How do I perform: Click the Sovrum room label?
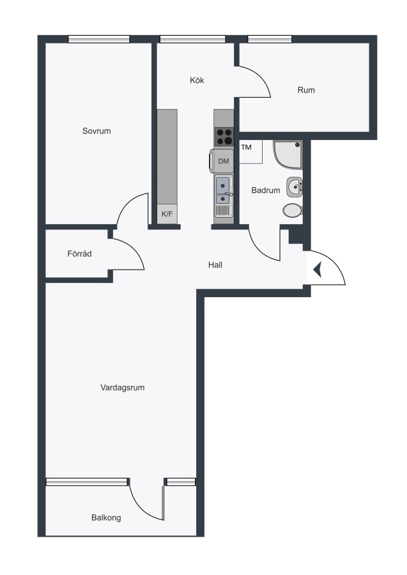96,131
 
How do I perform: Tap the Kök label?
197,80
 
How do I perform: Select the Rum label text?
306,90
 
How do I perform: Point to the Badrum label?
265,190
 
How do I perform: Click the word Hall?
215,264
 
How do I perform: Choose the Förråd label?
80,254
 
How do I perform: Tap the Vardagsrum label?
123,388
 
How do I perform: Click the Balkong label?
106,517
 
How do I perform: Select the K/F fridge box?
167,214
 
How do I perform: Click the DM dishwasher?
223,161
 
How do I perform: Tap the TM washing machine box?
251,151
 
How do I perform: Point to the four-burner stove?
224,137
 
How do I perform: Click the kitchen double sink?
223,190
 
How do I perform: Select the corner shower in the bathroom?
288,154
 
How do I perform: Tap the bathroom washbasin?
295,187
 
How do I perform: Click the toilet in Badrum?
293,210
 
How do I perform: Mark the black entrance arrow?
318,270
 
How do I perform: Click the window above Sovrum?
99,39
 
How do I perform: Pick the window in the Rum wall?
270,39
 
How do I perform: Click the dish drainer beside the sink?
222,210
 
